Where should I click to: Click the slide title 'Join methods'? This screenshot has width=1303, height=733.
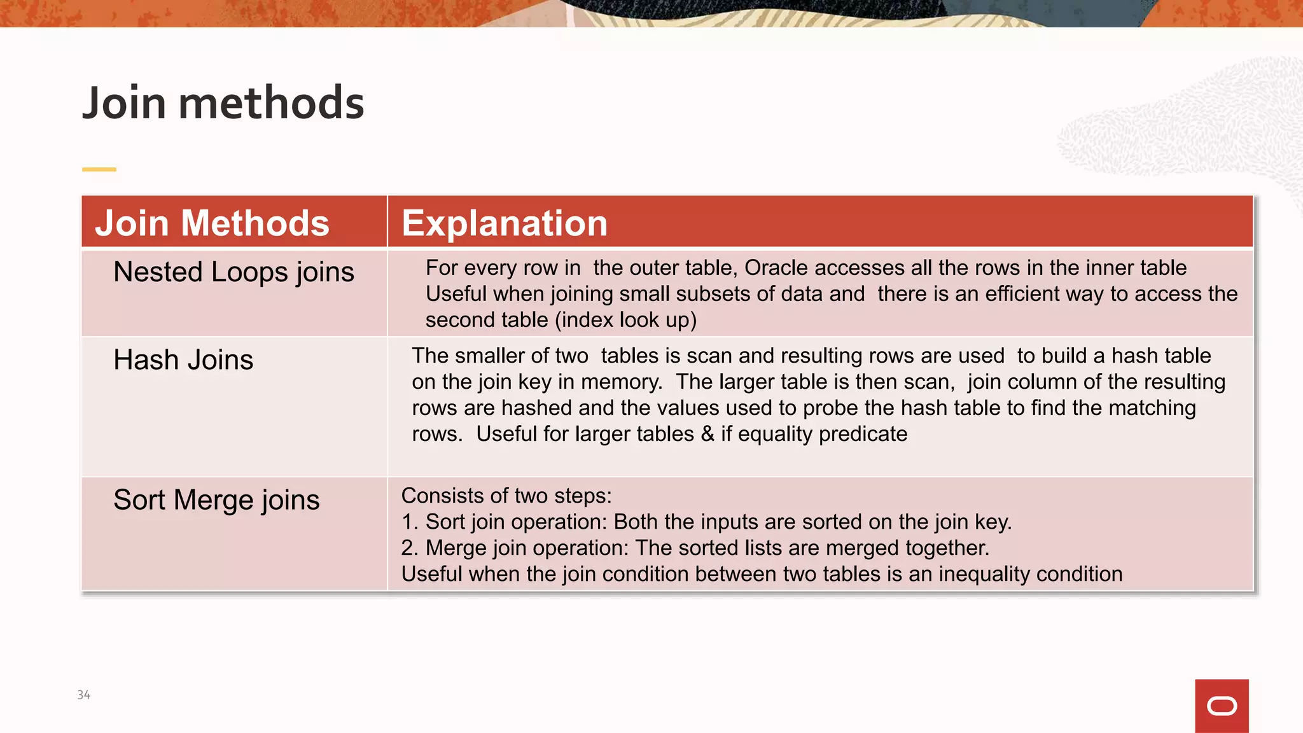click(x=223, y=103)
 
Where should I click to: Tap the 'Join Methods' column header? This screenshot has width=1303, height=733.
click(x=213, y=223)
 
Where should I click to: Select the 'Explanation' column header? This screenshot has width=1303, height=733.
click(x=505, y=223)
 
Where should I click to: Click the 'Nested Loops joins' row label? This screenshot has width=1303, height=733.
click(x=233, y=272)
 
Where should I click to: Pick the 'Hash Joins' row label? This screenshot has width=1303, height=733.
click(x=183, y=360)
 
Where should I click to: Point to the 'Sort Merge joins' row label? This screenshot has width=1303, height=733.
click(x=216, y=500)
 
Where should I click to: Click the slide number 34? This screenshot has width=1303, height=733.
click(x=84, y=695)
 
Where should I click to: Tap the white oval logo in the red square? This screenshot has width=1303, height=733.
click(x=1222, y=706)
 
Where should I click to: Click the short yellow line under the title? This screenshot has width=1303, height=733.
click(x=99, y=169)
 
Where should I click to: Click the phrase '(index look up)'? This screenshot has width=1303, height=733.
click(x=625, y=320)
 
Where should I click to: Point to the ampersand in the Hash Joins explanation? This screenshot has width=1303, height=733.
click(x=707, y=435)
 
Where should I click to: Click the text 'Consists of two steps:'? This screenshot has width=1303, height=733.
click(x=506, y=496)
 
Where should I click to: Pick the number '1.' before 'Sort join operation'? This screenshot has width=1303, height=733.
click(x=410, y=522)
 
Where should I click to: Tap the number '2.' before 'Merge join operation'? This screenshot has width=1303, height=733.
click(x=410, y=548)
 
